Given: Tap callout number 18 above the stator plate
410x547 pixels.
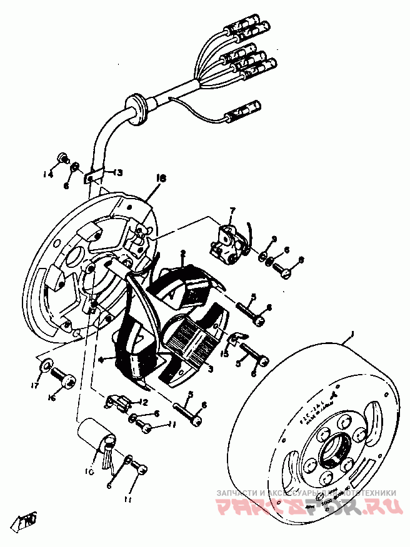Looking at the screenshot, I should click(x=161, y=179).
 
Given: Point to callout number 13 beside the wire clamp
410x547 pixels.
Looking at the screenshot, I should click(x=117, y=173).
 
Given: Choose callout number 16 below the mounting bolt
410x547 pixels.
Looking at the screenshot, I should click(x=51, y=398).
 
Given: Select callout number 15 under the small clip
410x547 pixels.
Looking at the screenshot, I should click(x=224, y=354).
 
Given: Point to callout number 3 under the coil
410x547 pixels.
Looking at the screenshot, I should click(x=210, y=370).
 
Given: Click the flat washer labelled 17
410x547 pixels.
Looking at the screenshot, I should click(x=46, y=365).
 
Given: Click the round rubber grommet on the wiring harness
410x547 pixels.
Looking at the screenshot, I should click(x=134, y=103).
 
